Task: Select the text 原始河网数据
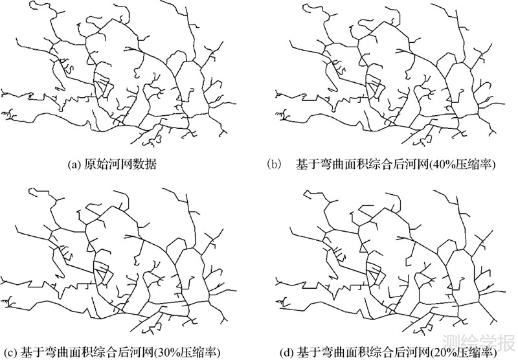(120, 165)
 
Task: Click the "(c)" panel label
(8, 354)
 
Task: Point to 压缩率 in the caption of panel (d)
(477, 354)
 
